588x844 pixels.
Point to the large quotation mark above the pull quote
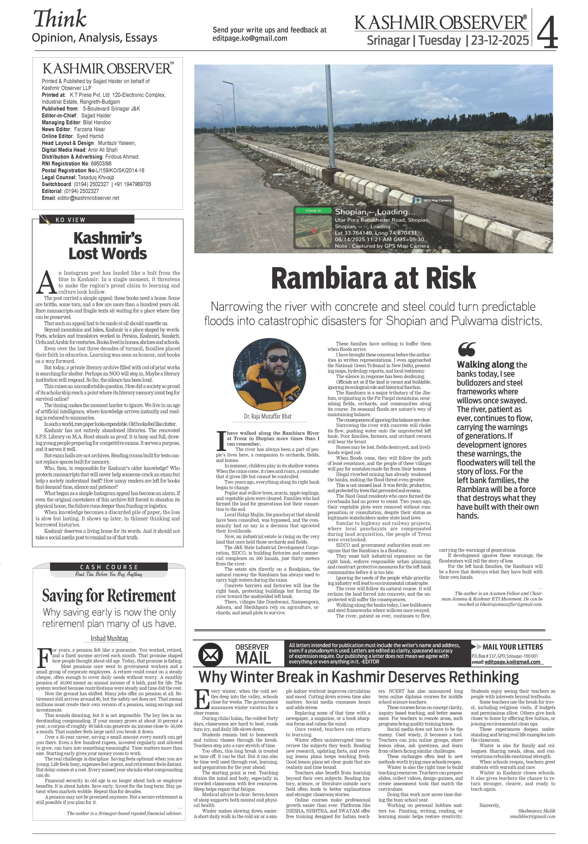tap(467, 349)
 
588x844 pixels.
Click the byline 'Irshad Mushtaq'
tap(109, 638)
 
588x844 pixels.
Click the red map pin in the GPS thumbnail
tap(314, 231)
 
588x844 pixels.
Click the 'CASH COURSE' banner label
tap(109, 567)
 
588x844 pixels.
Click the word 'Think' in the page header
tap(60, 19)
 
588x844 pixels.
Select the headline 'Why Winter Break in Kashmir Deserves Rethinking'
tap(358, 677)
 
